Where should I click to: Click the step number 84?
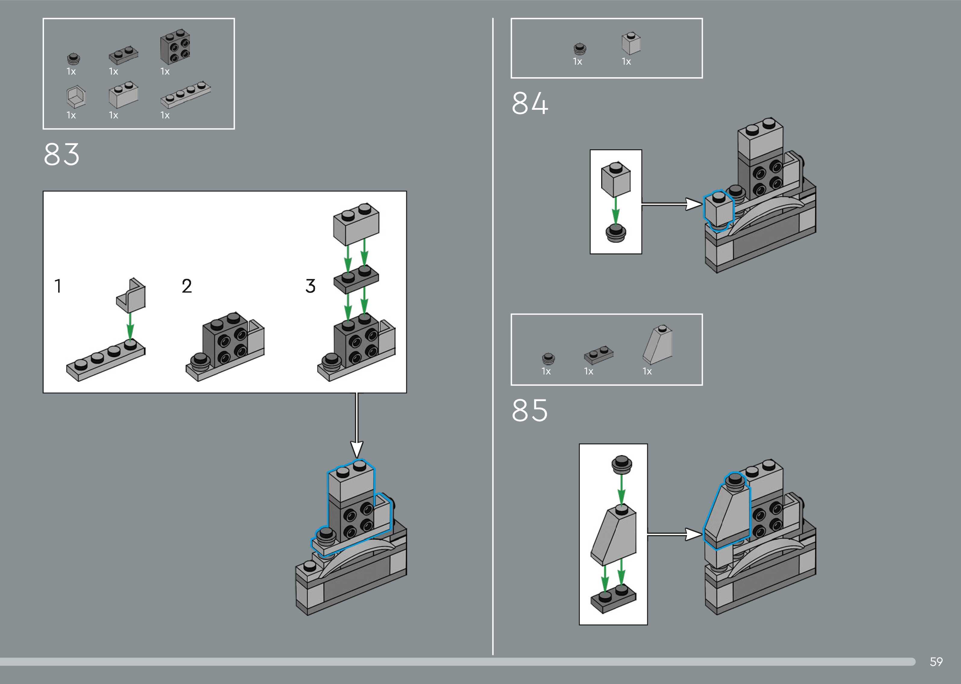[x=530, y=104]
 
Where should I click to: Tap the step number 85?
[x=530, y=411]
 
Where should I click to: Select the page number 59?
[x=936, y=662]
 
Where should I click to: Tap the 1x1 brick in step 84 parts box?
[x=631, y=43]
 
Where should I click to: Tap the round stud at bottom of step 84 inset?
[x=616, y=233]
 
